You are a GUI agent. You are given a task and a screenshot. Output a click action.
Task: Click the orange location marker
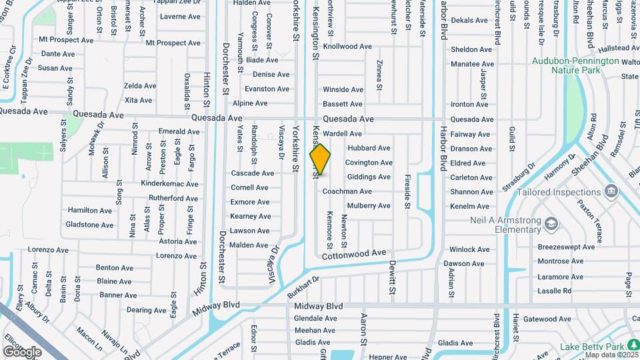(320, 159)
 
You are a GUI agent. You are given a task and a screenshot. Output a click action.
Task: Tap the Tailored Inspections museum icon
(610, 192)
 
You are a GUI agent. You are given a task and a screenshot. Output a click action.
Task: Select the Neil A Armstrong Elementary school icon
(551, 223)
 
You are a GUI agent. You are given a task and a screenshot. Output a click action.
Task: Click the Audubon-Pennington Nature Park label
(575, 64)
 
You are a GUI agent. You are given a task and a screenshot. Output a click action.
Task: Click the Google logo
(22, 351)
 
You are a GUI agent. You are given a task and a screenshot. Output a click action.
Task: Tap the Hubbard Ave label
(369, 148)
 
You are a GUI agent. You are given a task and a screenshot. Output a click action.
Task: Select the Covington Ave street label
(369, 163)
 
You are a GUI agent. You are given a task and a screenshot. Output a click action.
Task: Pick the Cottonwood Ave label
(354, 255)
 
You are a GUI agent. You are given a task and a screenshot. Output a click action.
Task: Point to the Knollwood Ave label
(347, 47)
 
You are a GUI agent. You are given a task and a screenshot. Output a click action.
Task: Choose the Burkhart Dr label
(305, 287)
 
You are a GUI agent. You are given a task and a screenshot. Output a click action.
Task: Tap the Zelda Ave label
(139, 86)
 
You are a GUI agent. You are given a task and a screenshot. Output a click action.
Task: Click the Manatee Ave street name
(472, 64)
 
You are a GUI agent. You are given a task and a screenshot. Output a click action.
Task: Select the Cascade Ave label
(252, 173)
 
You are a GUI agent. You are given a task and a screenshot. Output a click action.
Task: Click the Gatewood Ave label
(547, 319)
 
